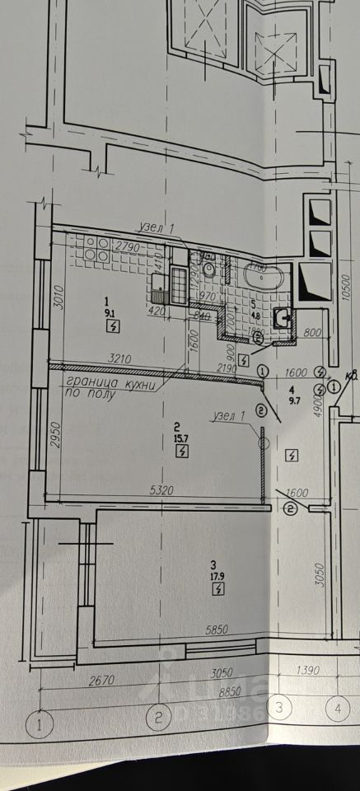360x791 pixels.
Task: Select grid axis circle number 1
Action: [x=38, y=725]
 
